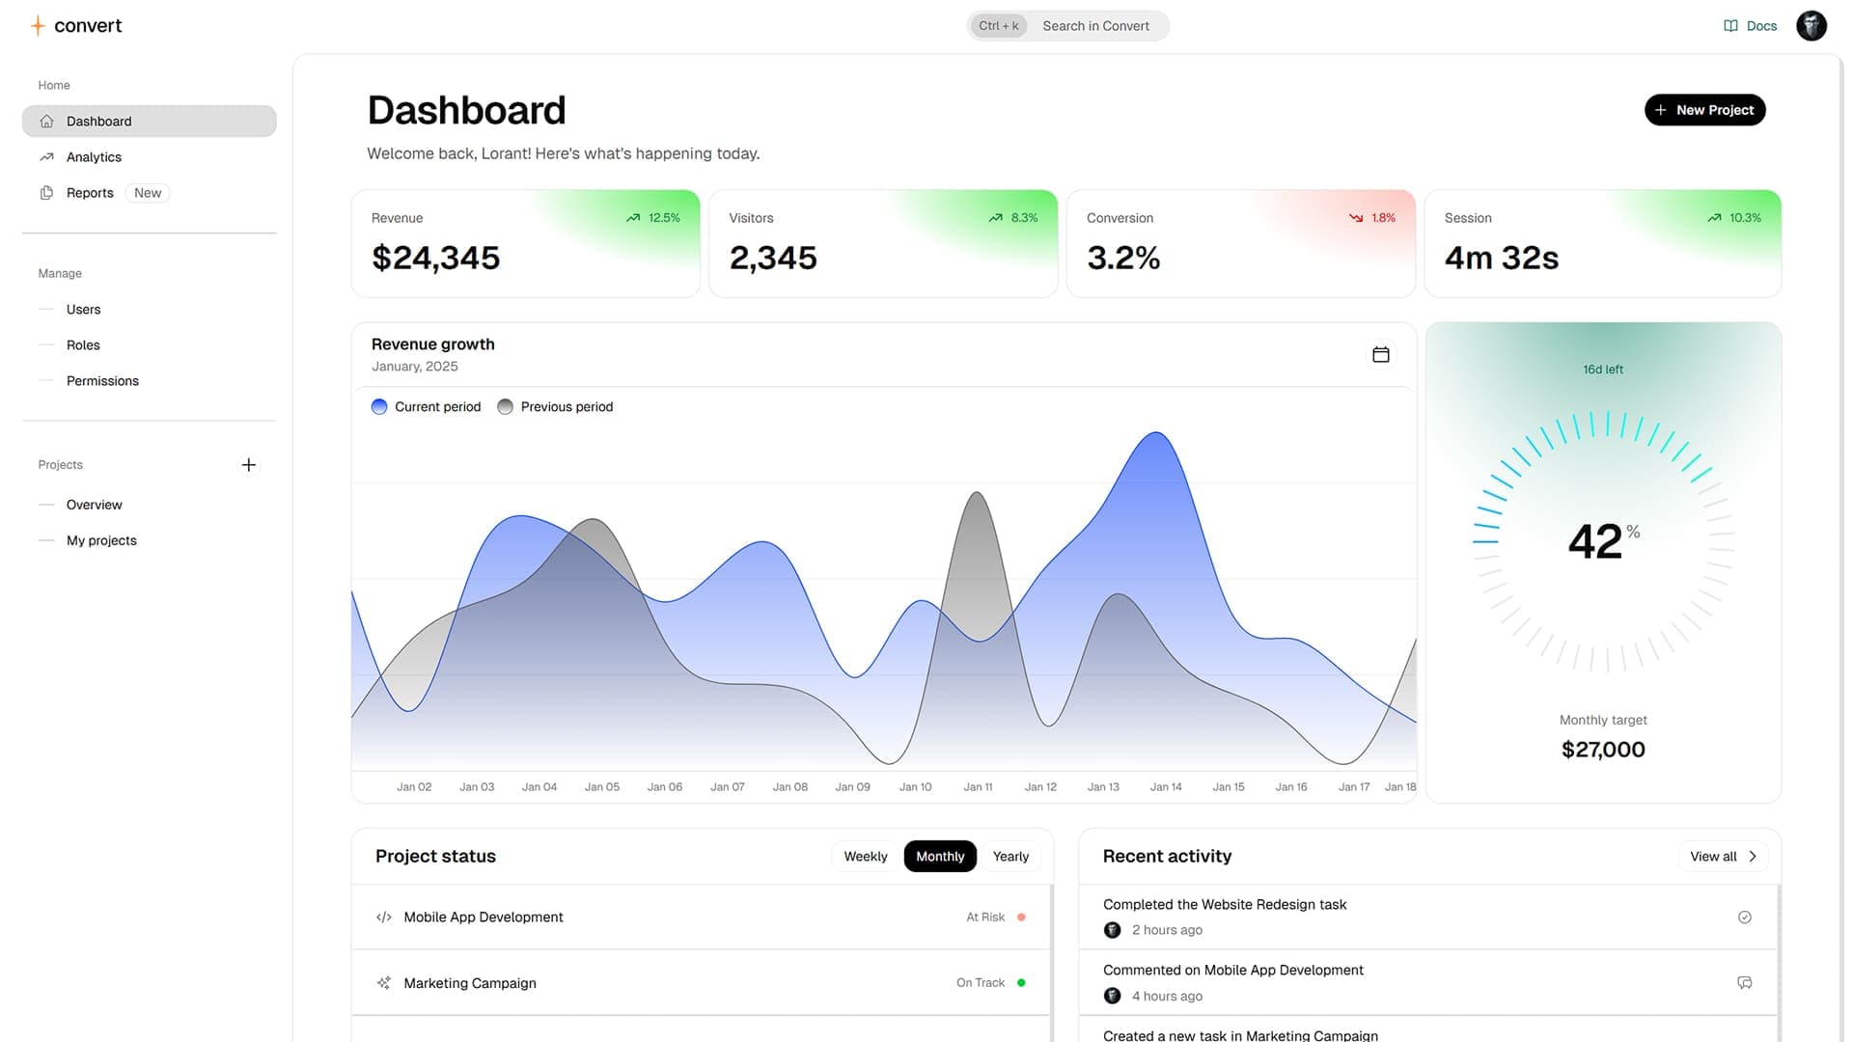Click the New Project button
[1704, 110]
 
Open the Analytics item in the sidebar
[94, 157]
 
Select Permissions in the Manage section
[102, 381]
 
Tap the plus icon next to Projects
[248, 465]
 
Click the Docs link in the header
[1750, 26]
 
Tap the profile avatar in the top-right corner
[1811, 26]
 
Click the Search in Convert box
[1094, 26]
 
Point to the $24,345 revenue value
[435, 258]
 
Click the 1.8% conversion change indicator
[1372, 218]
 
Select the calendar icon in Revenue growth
[1380, 355]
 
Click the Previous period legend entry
[556, 407]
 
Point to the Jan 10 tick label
[915, 787]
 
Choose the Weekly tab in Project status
[865, 857]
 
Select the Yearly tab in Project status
[1010, 857]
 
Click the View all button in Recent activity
[1722, 857]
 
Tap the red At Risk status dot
[1021, 918]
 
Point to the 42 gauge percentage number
[1595, 541]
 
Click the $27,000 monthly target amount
[1603, 750]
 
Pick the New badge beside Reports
[148, 193]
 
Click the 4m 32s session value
[1501, 258]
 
